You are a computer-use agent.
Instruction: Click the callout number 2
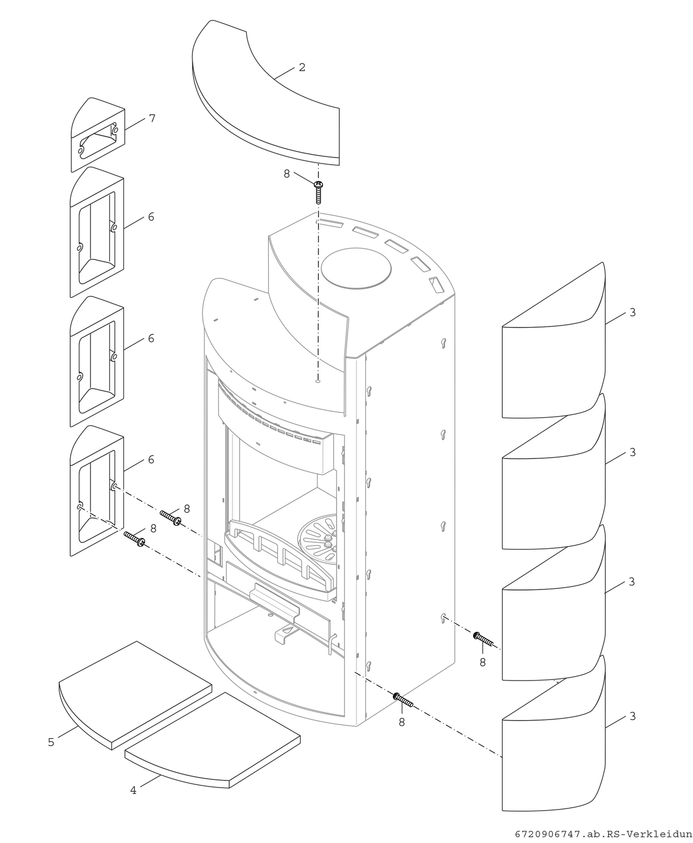click(x=302, y=68)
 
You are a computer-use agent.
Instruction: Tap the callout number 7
click(x=152, y=119)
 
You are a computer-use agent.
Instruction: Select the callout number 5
click(x=51, y=742)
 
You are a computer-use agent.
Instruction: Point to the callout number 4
click(x=133, y=790)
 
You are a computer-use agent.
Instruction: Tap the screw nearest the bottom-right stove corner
click(x=403, y=700)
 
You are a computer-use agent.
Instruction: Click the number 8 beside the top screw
click(x=286, y=173)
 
